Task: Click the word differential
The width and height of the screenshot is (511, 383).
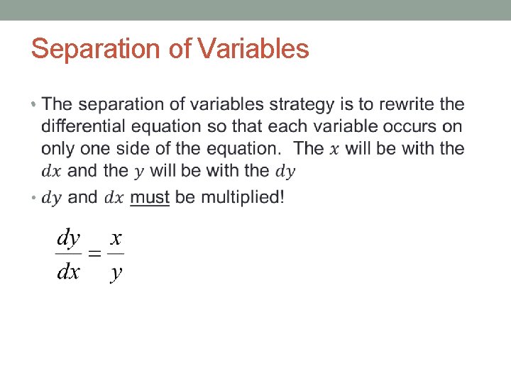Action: [84, 127]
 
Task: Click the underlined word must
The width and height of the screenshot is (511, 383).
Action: [150, 197]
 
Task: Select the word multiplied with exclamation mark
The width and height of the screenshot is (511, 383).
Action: [243, 197]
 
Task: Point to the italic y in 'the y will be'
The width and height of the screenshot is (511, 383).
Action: [138, 172]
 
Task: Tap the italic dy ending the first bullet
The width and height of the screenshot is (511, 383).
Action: [285, 172]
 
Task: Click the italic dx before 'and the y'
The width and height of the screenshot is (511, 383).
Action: [52, 172]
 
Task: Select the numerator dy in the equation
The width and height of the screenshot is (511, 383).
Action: [69, 238]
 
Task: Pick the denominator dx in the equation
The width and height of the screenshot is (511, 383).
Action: [69, 271]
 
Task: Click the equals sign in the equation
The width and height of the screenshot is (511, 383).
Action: [93, 254]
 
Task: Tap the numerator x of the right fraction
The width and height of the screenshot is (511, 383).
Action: [116, 238]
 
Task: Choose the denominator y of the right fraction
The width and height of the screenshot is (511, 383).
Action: [116, 272]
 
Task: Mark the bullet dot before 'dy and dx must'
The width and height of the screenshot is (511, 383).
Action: [33, 198]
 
